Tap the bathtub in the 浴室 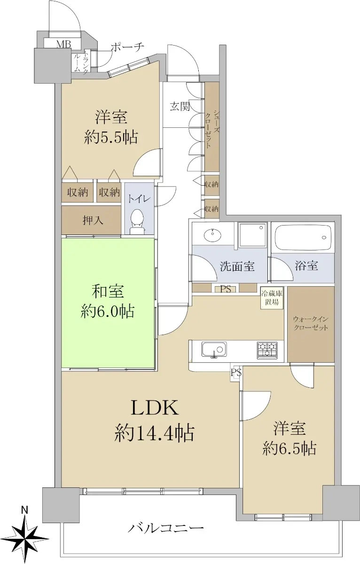(x=303, y=237)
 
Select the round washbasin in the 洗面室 (x=213, y=235)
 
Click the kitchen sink (x=214, y=350)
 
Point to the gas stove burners (x=267, y=350)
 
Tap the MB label (x=63, y=44)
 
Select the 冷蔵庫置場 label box (x=272, y=298)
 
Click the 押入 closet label (x=93, y=220)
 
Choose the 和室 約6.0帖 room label (x=107, y=302)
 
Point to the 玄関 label (x=180, y=107)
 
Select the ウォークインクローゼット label (x=311, y=323)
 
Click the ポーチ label (x=127, y=47)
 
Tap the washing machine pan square (x=252, y=235)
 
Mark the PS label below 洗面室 (x=226, y=289)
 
